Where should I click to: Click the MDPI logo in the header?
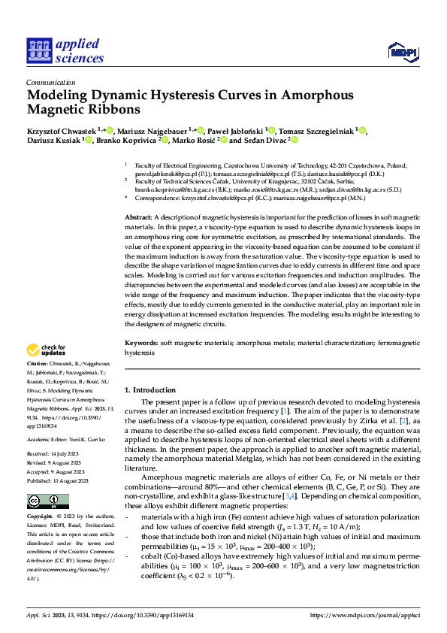[x=403, y=51]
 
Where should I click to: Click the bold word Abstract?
[x=141, y=217]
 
